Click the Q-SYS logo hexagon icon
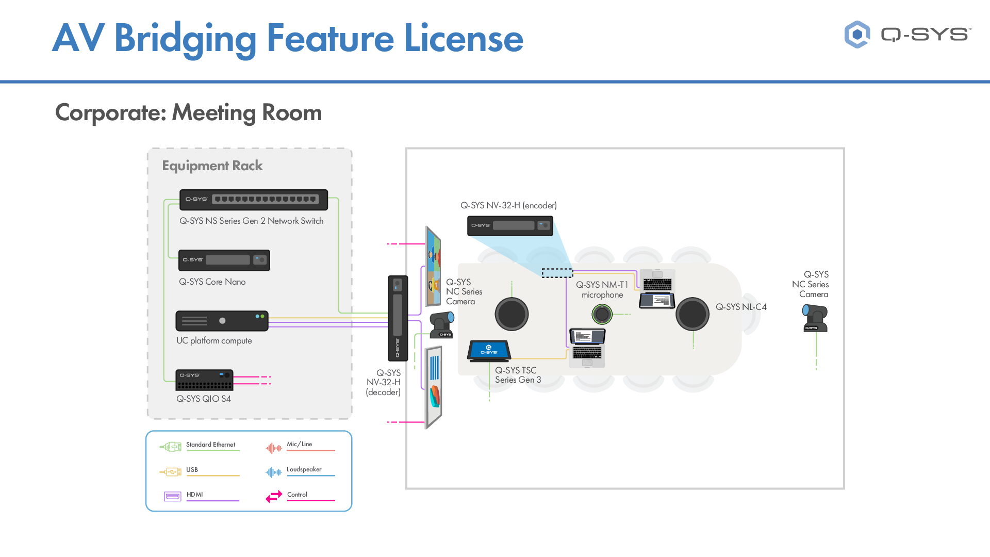(857, 35)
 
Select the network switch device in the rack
(253, 200)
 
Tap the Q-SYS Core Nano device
(224, 260)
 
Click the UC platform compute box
(222, 321)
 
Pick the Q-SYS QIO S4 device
(204, 380)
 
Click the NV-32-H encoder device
(510, 226)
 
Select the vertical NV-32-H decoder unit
(398, 318)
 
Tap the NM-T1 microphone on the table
(602, 314)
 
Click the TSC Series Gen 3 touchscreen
(489, 350)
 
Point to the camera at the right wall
(815, 318)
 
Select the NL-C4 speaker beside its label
(692, 314)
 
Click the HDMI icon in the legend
(173, 496)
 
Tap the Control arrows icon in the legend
(274, 496)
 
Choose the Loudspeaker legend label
(304, 469)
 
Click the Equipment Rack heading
(212, 166)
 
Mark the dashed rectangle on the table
(557, 273)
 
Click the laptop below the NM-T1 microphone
(587, 348)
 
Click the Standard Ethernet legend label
(210, 445)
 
